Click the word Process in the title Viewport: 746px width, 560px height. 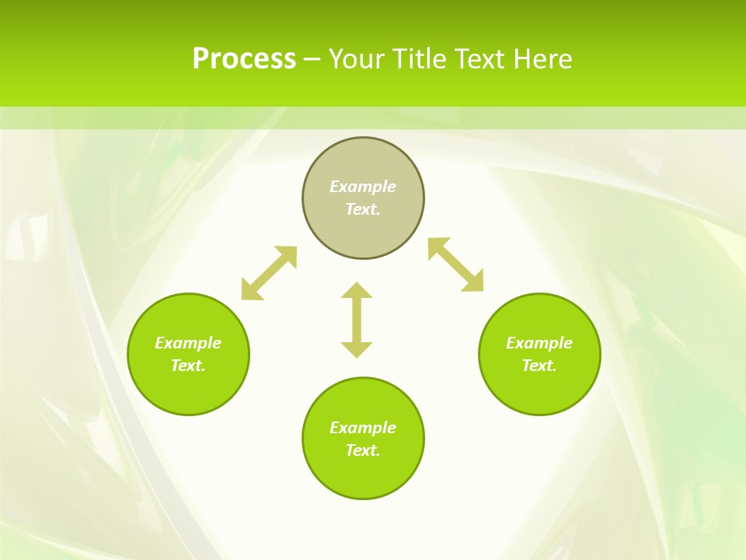(244, 59)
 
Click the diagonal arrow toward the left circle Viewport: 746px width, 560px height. (269, 273)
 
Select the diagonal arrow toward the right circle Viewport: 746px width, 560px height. (455, 264)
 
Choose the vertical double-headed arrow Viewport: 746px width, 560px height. (357, 320)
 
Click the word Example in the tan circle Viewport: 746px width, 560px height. (363, 187)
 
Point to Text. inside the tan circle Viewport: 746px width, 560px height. (363, 209)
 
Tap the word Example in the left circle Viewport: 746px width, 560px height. (188, 343)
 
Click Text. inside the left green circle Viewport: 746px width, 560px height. (188, 366)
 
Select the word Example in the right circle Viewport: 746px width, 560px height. (539, 343)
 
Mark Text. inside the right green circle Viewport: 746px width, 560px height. (539, 366)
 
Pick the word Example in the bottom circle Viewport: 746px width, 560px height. (363, 428)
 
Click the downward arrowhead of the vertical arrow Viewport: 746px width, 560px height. (357, 349)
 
